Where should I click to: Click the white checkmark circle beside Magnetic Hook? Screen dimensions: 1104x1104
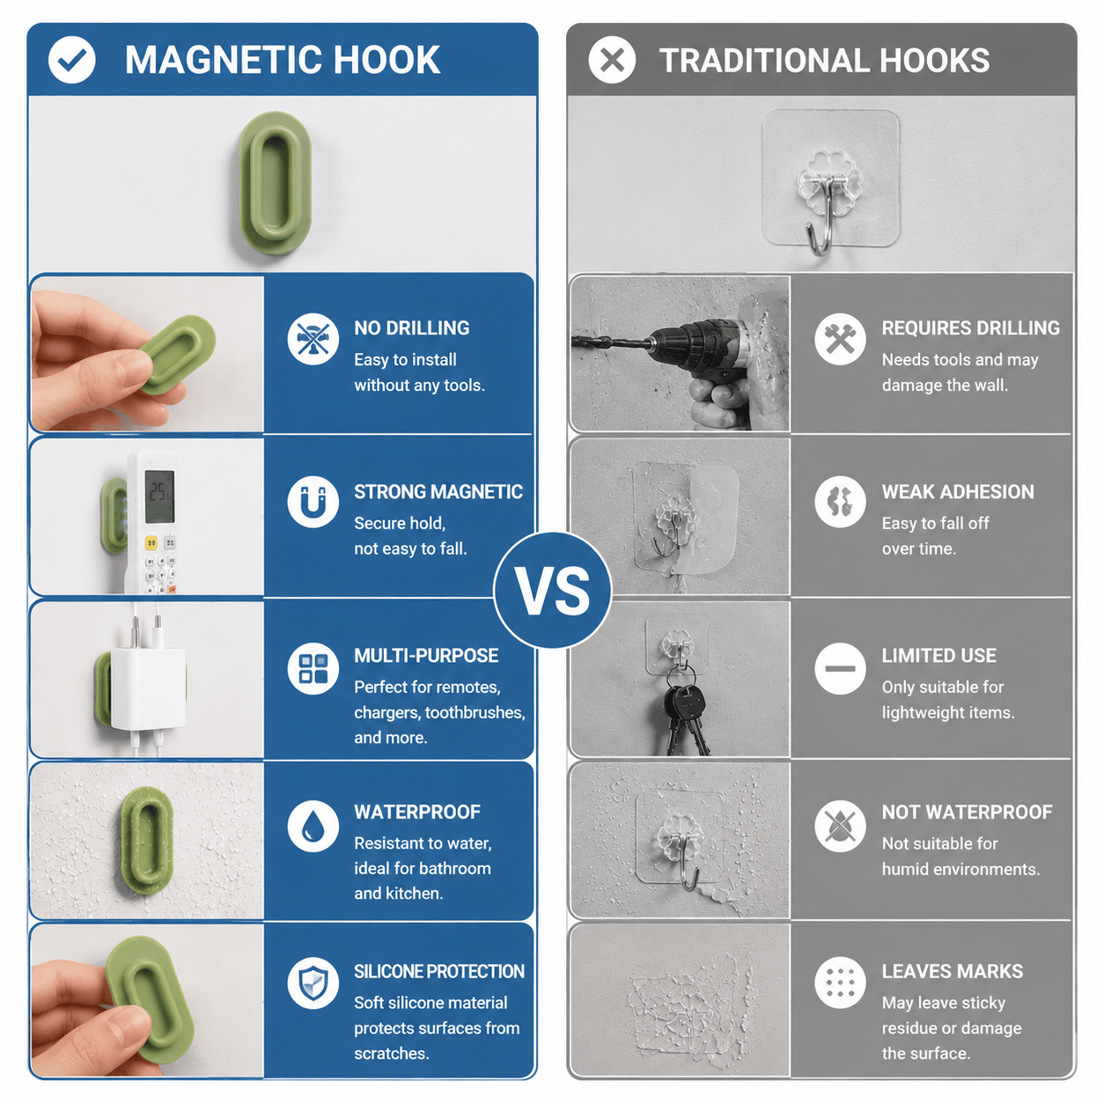(71, 60)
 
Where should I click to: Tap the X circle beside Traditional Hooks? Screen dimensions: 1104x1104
(611, 60)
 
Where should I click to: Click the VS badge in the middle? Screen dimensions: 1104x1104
(552, 590)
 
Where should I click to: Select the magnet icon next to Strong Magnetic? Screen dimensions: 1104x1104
(313, 501)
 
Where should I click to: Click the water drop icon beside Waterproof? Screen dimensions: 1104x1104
(313, 826)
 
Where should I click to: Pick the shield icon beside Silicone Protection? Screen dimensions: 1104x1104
(313, 983)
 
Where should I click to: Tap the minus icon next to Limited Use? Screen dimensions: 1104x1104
(840, 668)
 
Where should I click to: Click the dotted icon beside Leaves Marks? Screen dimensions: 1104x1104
(840, 983)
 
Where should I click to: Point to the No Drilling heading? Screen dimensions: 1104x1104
(411, 328)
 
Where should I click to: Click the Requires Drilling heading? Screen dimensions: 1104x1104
(970, 328)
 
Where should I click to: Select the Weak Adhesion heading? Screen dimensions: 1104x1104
(958, 491)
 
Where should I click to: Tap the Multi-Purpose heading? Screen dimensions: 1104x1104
(426, 655)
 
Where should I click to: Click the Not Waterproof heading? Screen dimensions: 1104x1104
(967, 812)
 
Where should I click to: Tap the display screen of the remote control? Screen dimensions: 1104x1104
(159, 497)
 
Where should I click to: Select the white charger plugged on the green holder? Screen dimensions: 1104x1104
(149, 688)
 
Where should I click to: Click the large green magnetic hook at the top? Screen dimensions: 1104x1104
(276, 182)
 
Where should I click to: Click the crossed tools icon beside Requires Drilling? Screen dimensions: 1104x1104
(840, 339)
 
